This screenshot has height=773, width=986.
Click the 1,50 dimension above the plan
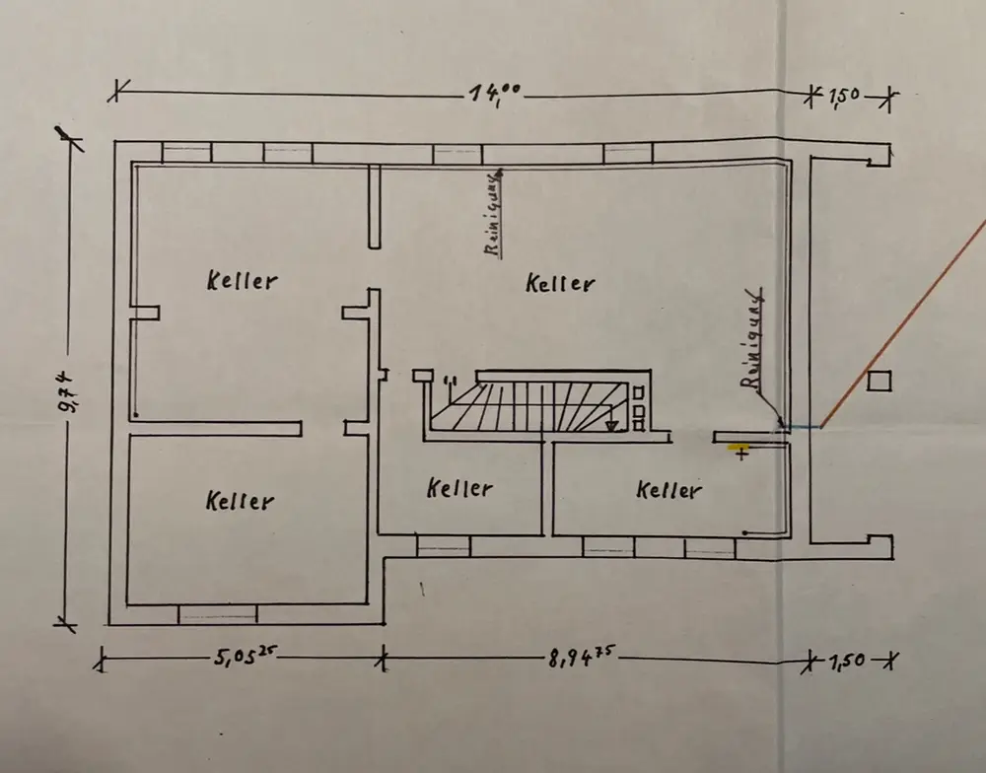pyautogui.click(x=844, y=96)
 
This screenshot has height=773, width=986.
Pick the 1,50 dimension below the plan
pyautogui.click(x=846, y=660)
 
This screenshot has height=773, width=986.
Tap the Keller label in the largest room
pyautogui.click(x=560, y=284)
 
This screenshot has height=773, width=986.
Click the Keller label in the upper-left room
pyautogui.click(x=242, y=280)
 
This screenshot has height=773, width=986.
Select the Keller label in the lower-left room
pyautogui.click(x=240, y=501)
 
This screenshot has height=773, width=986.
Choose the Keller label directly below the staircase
pyautogui.click(x=460, y=488)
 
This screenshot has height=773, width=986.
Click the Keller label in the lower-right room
pyautogui.click(x=669, y=490)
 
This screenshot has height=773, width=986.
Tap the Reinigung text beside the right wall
pyautogui.click(x=754, y=340)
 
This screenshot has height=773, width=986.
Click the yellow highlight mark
pyautogui.click(x=738, y=448)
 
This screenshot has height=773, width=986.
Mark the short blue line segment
pyautogui.click(x=803, y=427)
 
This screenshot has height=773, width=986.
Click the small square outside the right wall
pyautogui.click(x=878, y=381)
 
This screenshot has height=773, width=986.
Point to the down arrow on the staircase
pyautogui.click(x=612, y=424)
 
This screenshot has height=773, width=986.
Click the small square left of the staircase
pyautogui.click(x=422, y=375)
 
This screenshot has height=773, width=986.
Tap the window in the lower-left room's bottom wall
pyautogui.click(x=217, y=614)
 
